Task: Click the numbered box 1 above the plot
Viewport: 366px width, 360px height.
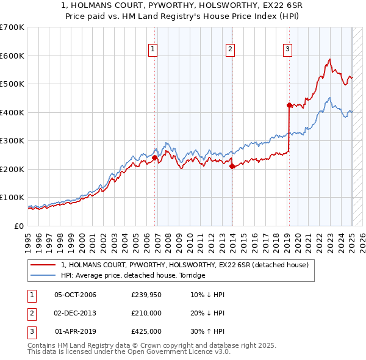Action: tap(152, 50)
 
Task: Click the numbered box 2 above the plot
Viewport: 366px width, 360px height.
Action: tap(230, 50)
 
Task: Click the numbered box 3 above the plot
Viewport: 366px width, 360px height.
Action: tap(287, 50)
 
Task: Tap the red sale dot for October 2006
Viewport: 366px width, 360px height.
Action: tap(155, 157)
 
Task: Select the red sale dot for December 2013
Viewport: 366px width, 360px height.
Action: tap(232, 166)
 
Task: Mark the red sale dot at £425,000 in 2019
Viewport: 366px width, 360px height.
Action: tap(289, 105)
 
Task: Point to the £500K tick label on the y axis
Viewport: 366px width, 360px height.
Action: tap(12, 84)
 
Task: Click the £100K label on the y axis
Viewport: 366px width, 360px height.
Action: tap(12, 198)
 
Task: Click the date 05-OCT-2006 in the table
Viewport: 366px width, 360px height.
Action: tap(75, 295)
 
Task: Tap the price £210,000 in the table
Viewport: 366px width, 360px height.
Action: tap(146, 314)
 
